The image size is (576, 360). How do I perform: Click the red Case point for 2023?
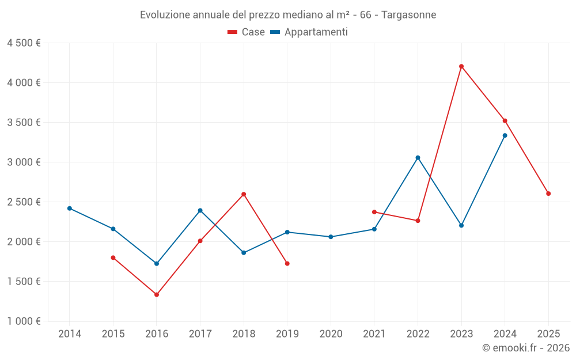tap(461, 66)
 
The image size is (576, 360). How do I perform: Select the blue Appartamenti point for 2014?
tap(70, 209)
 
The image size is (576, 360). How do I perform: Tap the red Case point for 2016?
tap(157, 294)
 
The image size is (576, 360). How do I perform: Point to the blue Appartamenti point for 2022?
tap(418, 158)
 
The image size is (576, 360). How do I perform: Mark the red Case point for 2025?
tap(548, 194)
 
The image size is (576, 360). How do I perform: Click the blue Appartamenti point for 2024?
tap(505, 135)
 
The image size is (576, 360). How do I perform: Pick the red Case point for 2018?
tap(244, 194)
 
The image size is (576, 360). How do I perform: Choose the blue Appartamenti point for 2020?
tap(331, 237)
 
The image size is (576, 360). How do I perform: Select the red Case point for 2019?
tap(287, 263)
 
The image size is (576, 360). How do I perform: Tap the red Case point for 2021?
tap(374, 212)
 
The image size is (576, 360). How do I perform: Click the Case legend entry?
tap(247, 32)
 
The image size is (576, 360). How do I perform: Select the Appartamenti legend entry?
tap(309, 32)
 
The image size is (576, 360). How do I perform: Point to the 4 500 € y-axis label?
tap(24, 43)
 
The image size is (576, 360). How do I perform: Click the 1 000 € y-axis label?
tap(24, 321)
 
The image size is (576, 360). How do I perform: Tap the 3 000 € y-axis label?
tap(24, 162)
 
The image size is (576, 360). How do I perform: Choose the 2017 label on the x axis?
tap(200, 334)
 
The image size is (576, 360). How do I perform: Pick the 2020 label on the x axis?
tap(331, 334)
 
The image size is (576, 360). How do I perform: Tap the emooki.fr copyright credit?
tap(525, 348)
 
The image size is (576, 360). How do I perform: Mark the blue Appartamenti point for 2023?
tap(461, 225)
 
